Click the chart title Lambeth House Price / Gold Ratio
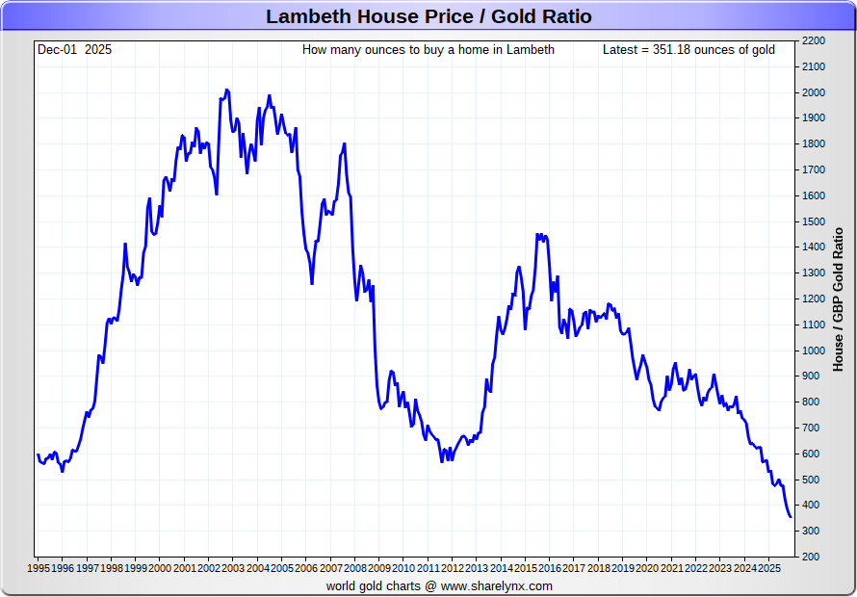428,16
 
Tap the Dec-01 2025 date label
74,49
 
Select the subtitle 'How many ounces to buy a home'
428,49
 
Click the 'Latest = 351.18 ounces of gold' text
688,49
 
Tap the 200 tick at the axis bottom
810,557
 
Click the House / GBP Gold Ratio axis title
839,298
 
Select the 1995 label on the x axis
39,568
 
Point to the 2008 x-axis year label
355,568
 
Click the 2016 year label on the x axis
550,568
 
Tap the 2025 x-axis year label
769,568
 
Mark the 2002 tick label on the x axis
209,568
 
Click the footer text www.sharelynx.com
497,585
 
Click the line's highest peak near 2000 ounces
227,91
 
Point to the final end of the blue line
791,517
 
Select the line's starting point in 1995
39,454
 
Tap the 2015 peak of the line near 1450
537,234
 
